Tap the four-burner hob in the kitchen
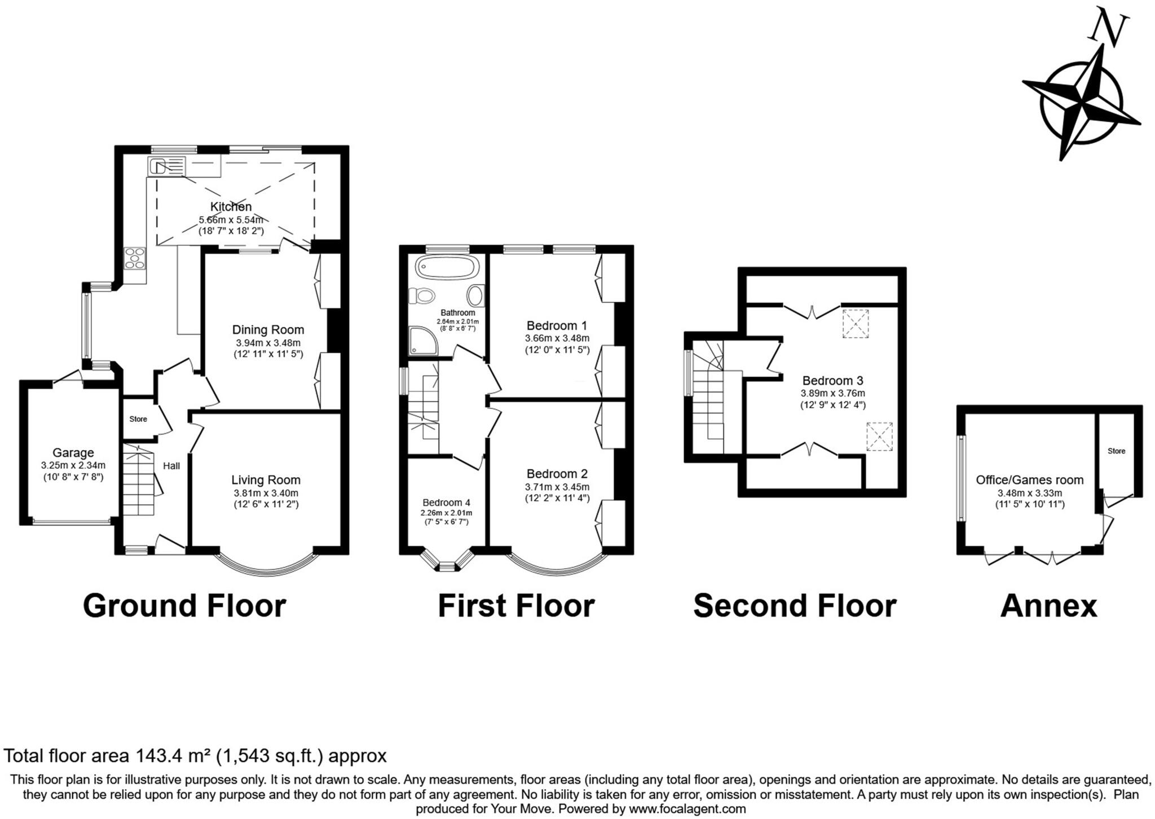[x=135, y=258]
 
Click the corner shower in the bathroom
[x=423, y=341]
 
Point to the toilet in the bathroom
[x=422, y=295]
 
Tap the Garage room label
[x=73, y=452]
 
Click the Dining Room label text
[x=268, y=329]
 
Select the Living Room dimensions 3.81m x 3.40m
[x=266, y=493]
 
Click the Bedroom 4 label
[x=446, y=503]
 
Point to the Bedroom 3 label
[x=832, y=380]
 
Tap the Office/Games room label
[x=1029, y=479]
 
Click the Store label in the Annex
[x=1116, y=451]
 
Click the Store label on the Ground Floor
[x=138, y=419]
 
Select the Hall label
[x=171, y=465]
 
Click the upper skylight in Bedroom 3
[x=856, y=323]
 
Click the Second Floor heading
[x=795, y=606]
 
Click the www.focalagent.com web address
[x=687, y=809]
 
